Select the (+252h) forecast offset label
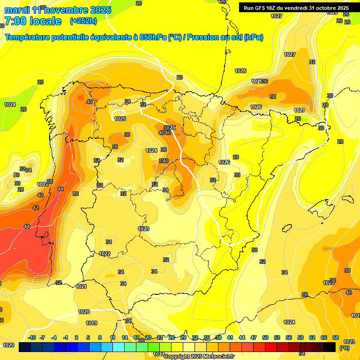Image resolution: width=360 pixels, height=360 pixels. (83, 21)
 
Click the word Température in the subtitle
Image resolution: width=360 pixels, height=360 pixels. (29, 37)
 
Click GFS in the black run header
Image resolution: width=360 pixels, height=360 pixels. (261, 8)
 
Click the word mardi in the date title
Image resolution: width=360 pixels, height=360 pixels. (16, 10)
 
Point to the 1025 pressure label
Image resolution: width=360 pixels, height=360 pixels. (120, 119)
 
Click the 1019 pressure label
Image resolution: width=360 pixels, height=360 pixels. (91, 323)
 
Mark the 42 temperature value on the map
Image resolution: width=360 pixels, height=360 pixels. (36, 208)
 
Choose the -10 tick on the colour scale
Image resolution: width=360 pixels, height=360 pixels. (32, 337)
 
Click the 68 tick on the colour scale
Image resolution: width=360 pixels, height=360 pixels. (336, 337)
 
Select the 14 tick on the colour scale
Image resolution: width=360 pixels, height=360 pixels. (125, 337)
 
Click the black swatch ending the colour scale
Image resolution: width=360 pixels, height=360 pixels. (330, 347)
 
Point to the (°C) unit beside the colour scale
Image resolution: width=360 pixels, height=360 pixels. (345, 347)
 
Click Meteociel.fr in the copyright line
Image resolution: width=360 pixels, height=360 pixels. (217, 357)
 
